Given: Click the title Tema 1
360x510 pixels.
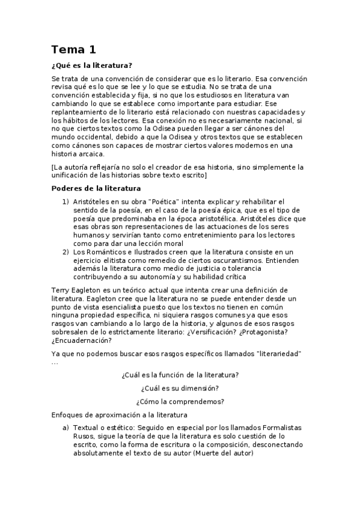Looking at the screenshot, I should [73, 49].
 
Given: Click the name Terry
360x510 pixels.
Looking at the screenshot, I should [62, 290].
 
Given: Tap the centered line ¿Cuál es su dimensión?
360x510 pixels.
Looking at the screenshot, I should [180, 388].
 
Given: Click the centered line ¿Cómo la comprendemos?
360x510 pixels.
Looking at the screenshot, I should [180, 401].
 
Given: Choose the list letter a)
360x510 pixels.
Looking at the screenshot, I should [66, 428].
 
